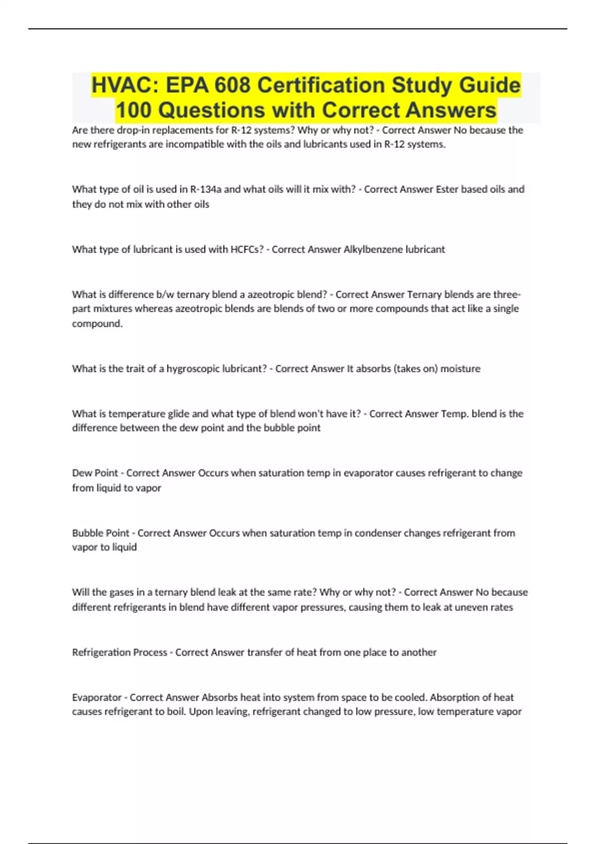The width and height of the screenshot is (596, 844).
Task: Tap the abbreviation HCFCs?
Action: click(247, 249)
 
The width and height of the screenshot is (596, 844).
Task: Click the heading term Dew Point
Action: click(95, 473)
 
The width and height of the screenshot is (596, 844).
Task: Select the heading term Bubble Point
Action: click(100, 533)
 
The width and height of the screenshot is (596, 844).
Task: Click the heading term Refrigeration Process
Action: click(119, 652)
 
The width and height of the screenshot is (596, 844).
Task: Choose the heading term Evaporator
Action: click(96, 697)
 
